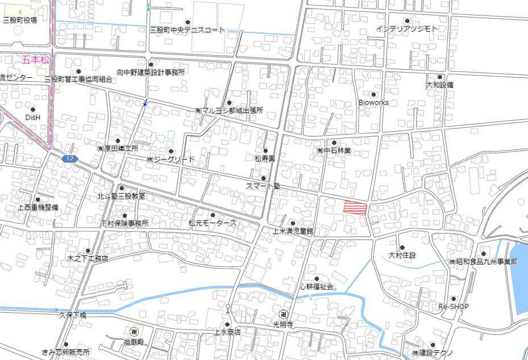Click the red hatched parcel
coord(355,208)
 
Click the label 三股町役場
coord(20,20)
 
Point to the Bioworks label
coord(373,103)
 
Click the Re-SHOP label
coord(454,307)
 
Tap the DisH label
coord(33,118)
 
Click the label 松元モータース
coord(213,224)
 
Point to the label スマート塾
coord(263,186)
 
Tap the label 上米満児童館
coord(293,231)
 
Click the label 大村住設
coord(402,256)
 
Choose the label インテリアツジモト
coord(406,28)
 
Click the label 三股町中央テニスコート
coord(188,30)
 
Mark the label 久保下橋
coord(72,315)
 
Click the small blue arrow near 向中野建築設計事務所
coord(145,102)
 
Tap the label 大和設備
coord(440,85)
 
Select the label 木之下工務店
coord(88,258)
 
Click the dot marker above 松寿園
coord(265,150)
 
